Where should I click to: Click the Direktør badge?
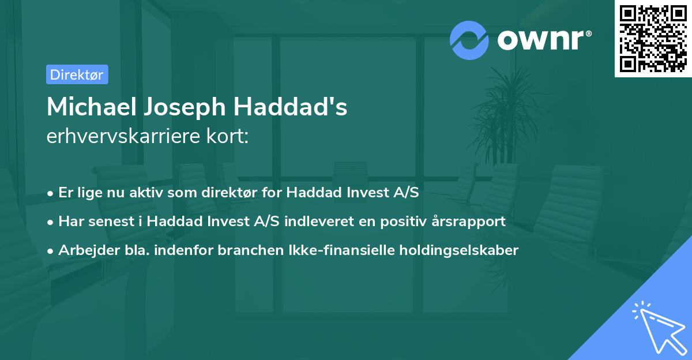point(77,74)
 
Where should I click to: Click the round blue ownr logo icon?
point(469,40)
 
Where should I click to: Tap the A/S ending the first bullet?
point(405,193)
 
